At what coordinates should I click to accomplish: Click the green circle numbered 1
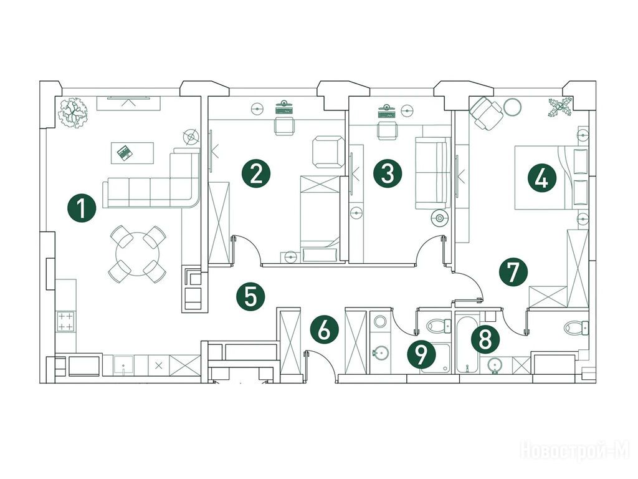coord(82,208)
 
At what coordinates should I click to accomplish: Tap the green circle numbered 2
coord(256,173)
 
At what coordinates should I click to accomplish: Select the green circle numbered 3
coord(388,173)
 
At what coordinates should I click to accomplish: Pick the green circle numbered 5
coord(250,296)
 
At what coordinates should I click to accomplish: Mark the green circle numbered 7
coord(513,272)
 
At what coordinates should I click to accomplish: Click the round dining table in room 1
coord(138,254)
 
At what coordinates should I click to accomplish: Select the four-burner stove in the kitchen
coord(65,322)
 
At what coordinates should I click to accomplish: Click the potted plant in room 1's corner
coord(74,112)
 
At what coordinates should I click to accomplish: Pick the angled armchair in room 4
coord(486,114)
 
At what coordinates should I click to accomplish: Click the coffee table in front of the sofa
coord(132,152)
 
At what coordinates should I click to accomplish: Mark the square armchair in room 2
coord(328,152)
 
